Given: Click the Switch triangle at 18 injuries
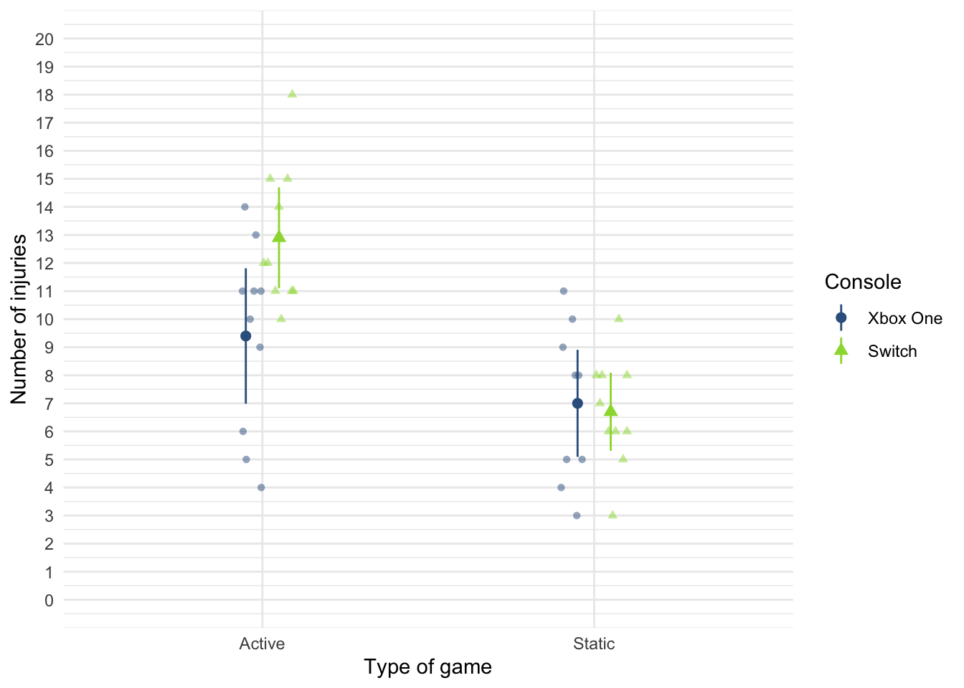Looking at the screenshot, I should coord(292,94).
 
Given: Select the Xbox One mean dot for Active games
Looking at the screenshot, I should coord(246,336).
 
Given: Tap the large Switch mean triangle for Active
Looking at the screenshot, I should coord(279,236).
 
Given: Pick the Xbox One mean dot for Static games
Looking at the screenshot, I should coord(577,403).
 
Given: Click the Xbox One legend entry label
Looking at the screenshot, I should coord(904,318).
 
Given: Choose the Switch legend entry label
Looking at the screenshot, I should coord(892,351).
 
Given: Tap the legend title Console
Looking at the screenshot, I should coord(863,282).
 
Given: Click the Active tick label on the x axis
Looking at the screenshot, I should coord(262,644).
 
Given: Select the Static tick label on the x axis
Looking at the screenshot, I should coord(594,644).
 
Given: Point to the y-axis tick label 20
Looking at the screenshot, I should coord(44,39).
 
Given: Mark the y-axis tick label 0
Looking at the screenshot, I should coord(49,601).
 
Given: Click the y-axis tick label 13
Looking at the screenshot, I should coord(44,236).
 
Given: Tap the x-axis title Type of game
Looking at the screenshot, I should coord(427,667).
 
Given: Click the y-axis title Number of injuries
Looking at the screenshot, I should coord(19,319).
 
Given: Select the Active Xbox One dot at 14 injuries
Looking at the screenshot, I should coord(245,207).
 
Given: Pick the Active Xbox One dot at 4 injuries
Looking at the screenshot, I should coord(261,487).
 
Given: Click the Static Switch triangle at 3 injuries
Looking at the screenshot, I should coord(613,515).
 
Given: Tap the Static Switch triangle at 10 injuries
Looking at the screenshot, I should coord(619,318).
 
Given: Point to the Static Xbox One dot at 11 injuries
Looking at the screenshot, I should coord(564,291).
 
